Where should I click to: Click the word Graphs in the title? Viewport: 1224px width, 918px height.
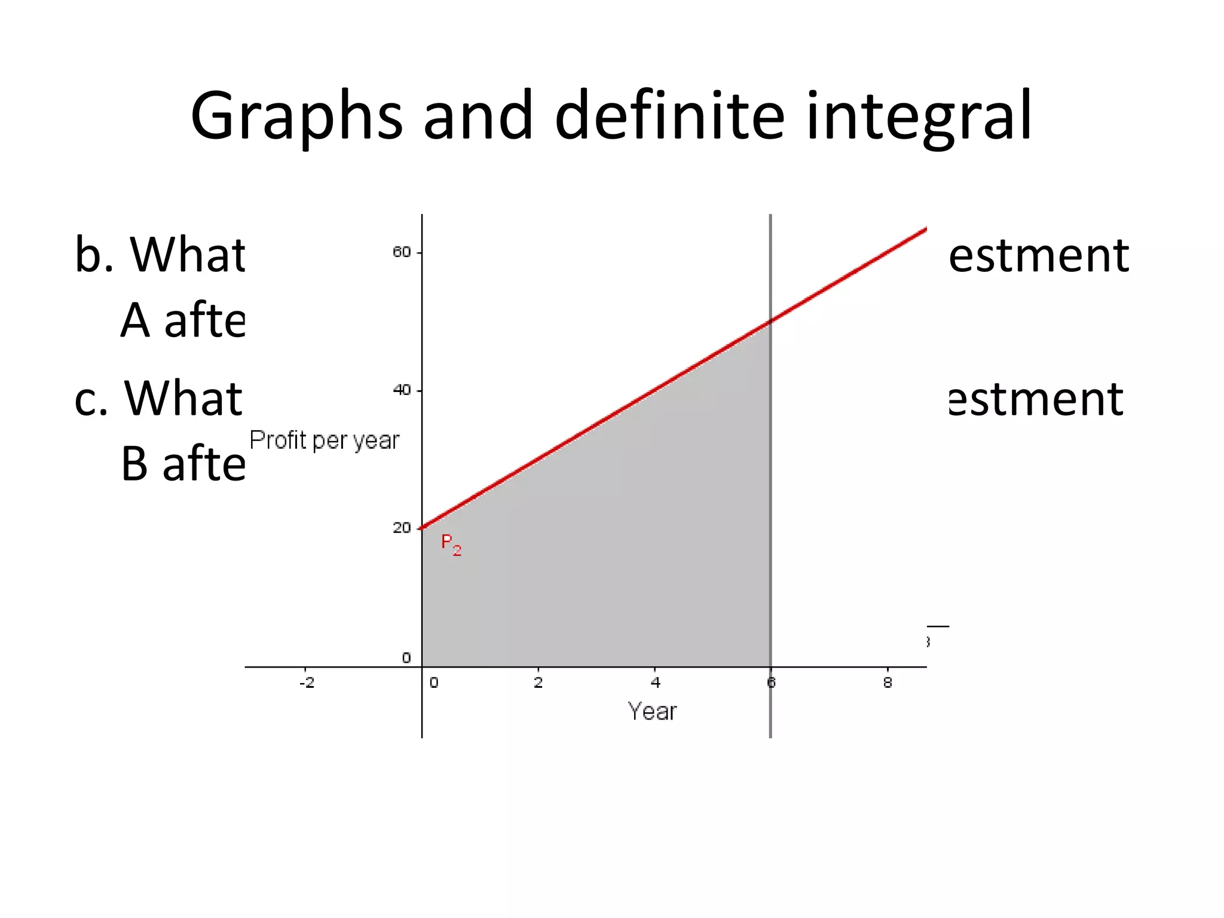point(296,117)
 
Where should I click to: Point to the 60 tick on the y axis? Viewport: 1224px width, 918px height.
point(402,252)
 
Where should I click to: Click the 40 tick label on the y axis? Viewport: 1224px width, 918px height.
point(402,390)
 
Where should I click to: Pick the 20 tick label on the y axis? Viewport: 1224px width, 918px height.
point(402,528)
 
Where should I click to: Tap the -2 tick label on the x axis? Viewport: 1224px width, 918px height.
point(307,683)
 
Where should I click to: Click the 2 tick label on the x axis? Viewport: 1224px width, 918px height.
point(538,683)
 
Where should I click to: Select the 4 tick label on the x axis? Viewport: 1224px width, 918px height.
point(655,683)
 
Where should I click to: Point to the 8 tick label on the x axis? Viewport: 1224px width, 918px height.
point(888,683)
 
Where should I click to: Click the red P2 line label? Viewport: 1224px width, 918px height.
point(451,544)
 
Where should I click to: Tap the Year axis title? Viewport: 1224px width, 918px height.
point(652,712)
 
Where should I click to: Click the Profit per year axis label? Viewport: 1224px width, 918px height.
point(324,440)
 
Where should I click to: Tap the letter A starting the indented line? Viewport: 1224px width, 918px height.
point(134,320)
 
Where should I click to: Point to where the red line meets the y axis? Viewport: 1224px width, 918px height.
point(422,528)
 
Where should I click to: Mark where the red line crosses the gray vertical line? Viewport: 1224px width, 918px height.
point(770,322)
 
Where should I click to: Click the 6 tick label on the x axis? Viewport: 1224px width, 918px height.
point(771,683)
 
